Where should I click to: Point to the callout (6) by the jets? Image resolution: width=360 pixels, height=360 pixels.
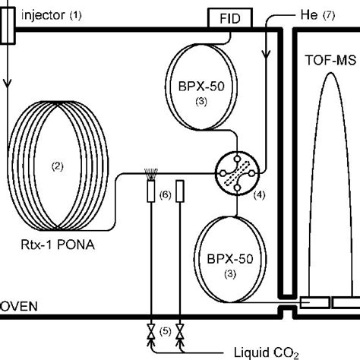(166, 194)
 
